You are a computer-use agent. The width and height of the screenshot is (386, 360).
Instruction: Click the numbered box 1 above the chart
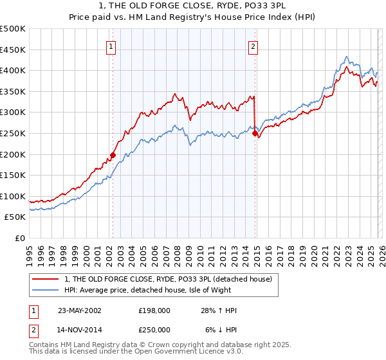(x=111, y=46)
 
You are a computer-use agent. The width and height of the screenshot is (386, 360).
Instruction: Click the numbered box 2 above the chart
(x=253, y=46)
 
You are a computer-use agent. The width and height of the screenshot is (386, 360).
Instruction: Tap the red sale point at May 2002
(x=113, y=155)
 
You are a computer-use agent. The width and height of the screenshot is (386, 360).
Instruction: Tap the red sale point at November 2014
(x=255, y=133)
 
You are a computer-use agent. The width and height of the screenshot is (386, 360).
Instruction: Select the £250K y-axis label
(x=13, y=133)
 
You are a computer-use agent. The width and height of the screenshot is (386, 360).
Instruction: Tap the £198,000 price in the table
(x=154, y=310)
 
